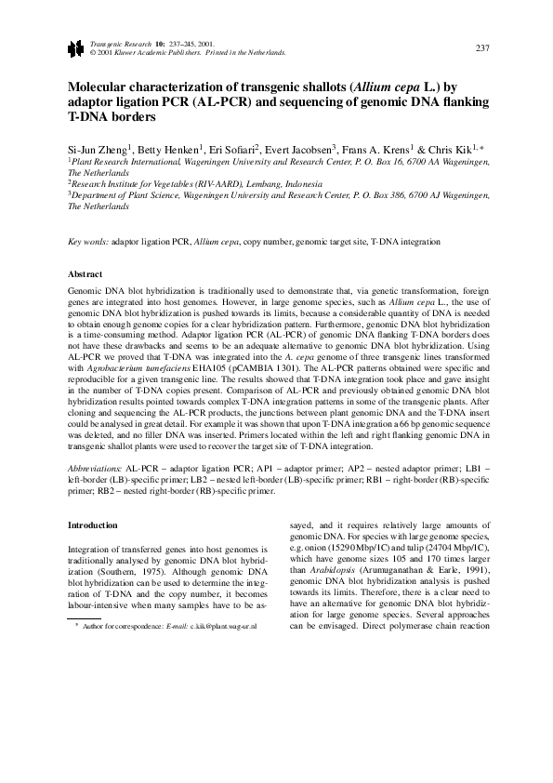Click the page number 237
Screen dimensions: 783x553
[x=481, y=48]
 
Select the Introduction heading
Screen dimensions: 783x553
[x=95, y=525]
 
